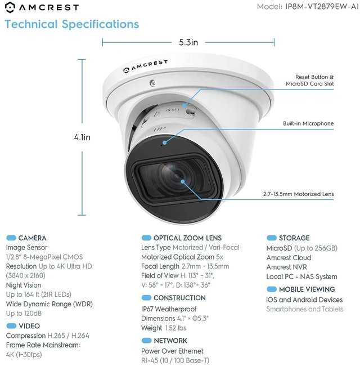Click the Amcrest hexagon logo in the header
[x=10, y=7]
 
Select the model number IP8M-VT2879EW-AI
[x=322, y=7]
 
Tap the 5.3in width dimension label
[x=188, y=42]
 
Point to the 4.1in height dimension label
[x=82, y=137]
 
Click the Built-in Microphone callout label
[x=308, y=123]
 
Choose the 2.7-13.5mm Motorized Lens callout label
[x=299, y=194]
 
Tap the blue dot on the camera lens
[x=183, y=181]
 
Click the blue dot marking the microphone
[x=165, y=142]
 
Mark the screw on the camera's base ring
[x=153, y=83]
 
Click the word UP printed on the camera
[x=160, y=129]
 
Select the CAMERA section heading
[x=32, y=238]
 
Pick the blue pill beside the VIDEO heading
[x=11, y=325]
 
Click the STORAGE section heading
[x=294, y=238]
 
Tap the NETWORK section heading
[x=170, y=341]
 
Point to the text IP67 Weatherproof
[x=169, y=309]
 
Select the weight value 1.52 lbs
[x=176, y=328]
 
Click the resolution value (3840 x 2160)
[x=26, y=276]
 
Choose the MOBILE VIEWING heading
[x=307, y=289]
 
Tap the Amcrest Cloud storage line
[x=289, y=258]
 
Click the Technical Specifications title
[x=72, y=24]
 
